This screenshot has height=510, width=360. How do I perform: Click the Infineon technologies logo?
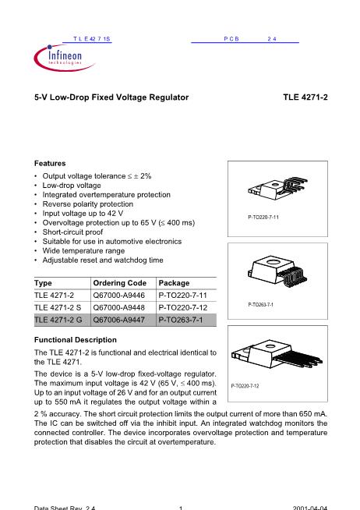tap(64, 58)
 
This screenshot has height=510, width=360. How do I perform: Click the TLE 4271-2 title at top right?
tap(305, 97)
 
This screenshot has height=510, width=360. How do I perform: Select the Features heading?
tap(50, 163)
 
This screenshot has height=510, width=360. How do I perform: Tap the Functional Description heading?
tap(76, 340)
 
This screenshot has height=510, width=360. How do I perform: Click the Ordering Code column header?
tap(119, 283)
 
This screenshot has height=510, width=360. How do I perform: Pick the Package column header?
tap(174, 283)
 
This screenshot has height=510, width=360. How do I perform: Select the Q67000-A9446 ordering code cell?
tap(119, 296)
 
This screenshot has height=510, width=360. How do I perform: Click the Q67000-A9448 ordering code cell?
tap(119, 307)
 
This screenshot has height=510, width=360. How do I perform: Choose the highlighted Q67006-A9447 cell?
tap(119, 320)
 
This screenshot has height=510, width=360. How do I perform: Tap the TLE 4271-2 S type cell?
tap(58, 307)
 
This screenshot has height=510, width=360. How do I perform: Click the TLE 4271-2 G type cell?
tap(58, 320)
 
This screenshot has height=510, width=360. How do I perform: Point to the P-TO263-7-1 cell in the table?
tap(181, 320)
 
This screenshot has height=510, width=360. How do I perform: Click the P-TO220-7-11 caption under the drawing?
tap(263, 218)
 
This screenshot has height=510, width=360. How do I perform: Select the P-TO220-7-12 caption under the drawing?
tap(245, 386)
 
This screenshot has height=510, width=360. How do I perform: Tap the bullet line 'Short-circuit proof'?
tap(72, 232)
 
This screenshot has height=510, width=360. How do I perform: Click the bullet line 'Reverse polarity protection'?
tap(88, 204)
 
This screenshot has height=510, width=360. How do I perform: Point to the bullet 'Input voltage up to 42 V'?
tap(83, 214)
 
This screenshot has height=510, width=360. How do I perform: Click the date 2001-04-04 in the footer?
tap(310, 508)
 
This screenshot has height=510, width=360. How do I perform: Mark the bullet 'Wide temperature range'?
tap(83, 251)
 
